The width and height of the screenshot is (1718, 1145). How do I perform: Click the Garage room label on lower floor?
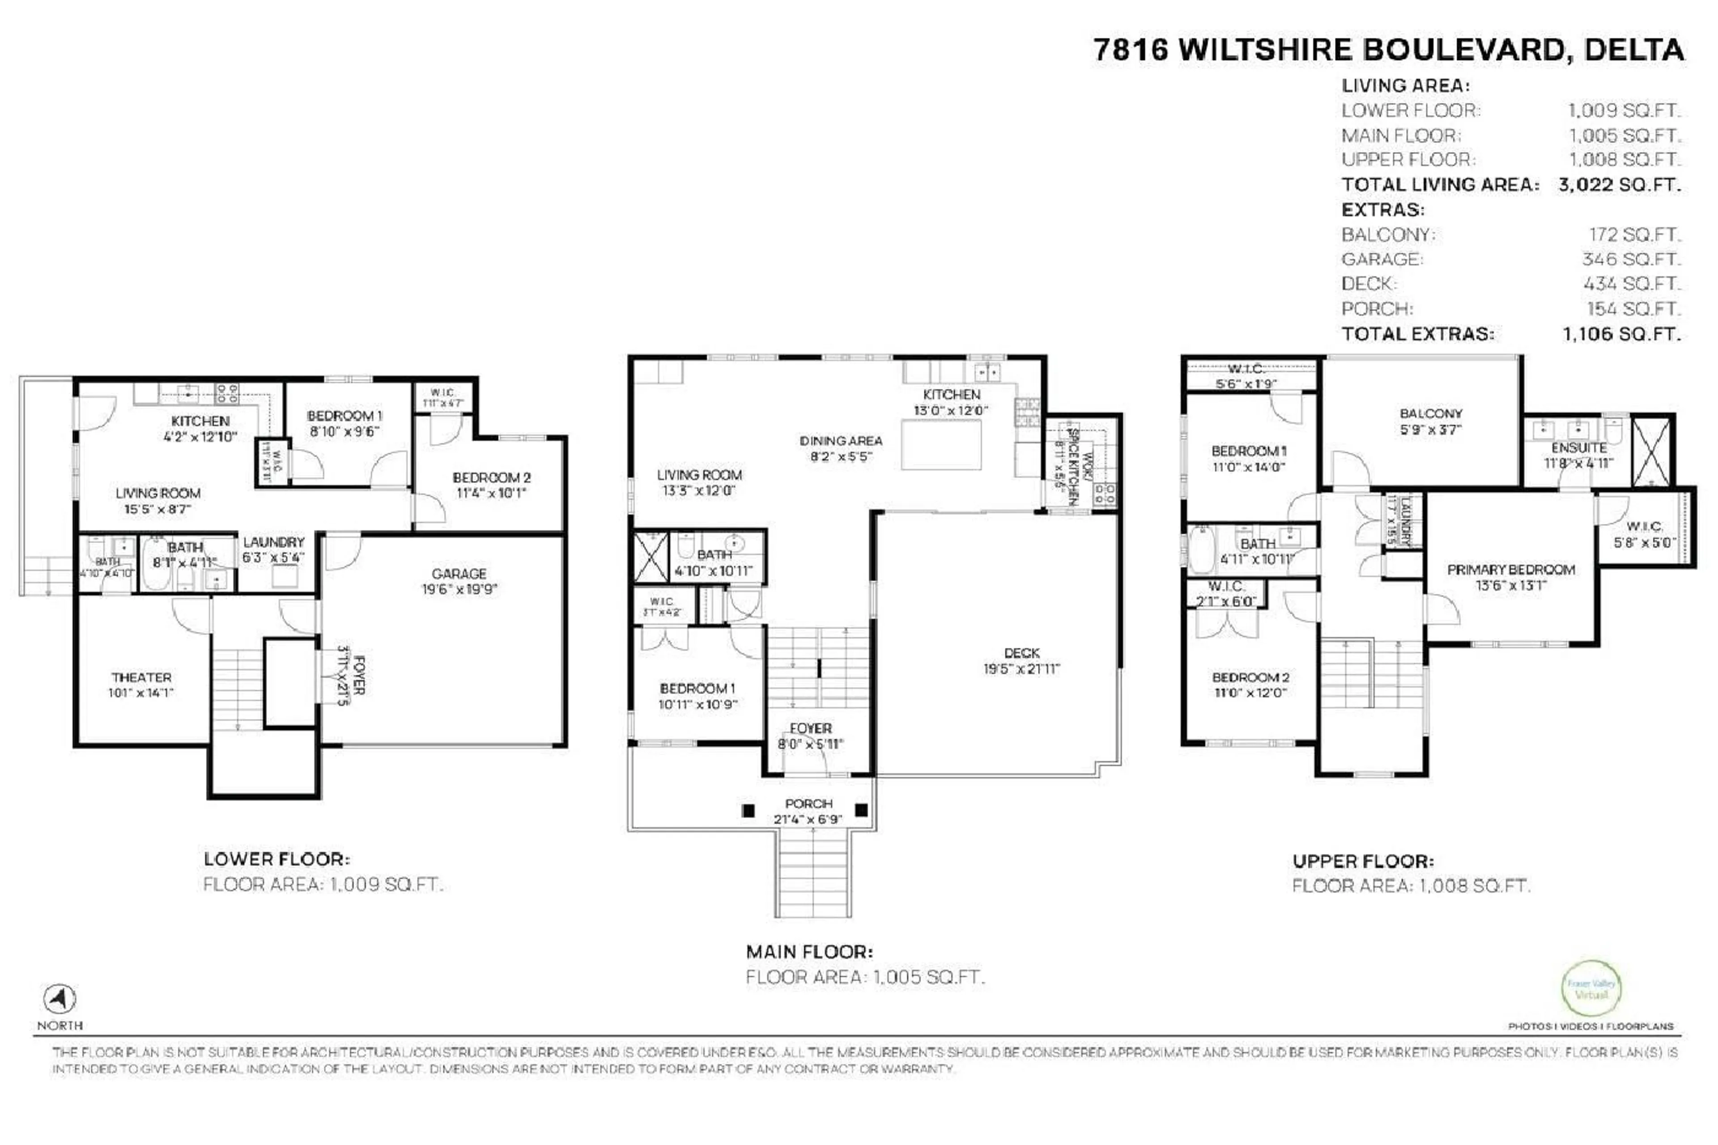tap(459, 574)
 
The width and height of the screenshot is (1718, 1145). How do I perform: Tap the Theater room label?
tap(141, 678)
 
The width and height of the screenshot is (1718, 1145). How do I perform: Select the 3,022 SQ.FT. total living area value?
tap(1619, 185)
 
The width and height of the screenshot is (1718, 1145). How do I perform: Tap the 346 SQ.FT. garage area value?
tap(1631, 259)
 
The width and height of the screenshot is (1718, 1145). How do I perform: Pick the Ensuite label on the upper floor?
tap(1578, 447)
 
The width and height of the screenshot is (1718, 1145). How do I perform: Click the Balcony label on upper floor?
tap(1430, 414)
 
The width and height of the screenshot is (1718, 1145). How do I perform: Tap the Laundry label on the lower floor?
tap(273, 542)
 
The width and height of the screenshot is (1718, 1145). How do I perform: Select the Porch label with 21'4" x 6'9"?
tap(808, 804)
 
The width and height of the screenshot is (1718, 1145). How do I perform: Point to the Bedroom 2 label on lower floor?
tap(491, 477)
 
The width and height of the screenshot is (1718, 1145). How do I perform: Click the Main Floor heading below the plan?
tap(809, 952)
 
